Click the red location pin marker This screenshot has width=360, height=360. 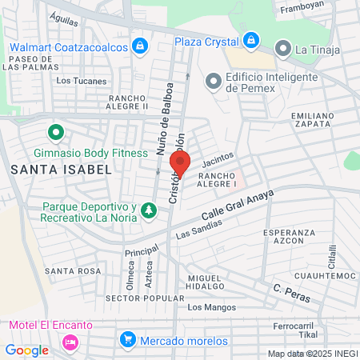coord(181,164)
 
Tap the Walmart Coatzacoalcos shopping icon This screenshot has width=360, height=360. coord(141,45)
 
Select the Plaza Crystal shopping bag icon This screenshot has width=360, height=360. coord(251,41)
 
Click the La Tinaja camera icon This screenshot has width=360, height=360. coord(283,49)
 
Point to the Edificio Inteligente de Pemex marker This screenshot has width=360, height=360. coord(213,81)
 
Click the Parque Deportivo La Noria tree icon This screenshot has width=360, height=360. coord(148,211)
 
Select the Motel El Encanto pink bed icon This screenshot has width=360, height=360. coord(70,342)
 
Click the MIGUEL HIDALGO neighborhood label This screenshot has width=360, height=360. coord(204,282)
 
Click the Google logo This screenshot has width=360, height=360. coord(26,350)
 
